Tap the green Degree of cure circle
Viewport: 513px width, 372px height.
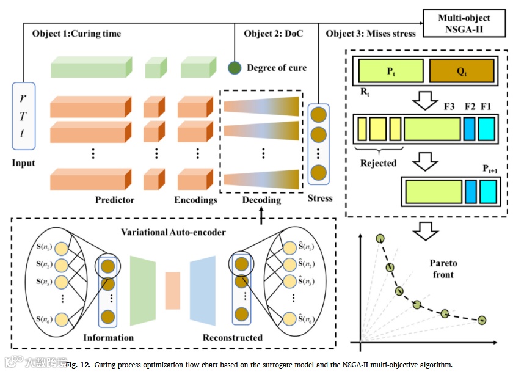pos(235,67)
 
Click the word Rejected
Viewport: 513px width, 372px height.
pos(379,163)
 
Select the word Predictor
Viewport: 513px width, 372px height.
pos(115,200)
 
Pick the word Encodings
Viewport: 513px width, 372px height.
pos(195,200)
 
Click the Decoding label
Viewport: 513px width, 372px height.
pos(261,200)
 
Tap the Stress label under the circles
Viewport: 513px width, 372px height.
pos(320,198)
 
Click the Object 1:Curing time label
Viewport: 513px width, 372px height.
pos(76,34)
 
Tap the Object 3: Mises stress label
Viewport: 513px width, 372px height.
pos(371,34)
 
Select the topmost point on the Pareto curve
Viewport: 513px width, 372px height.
pos(380,238)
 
